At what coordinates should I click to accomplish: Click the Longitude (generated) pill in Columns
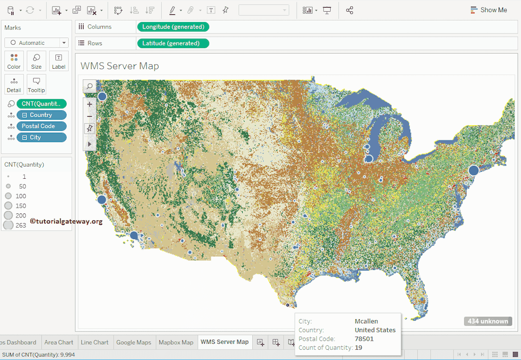click(x=173, y=26)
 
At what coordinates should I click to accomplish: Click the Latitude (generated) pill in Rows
click(x=173, y=43)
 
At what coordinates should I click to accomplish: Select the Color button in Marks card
click(x=14, y=61)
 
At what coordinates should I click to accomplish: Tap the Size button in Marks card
click(x=36, y=61)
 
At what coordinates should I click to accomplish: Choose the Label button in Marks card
click(x=59, y=61)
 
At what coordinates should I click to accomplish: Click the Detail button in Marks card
click(x=14, y=85)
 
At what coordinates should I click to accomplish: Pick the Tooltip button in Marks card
click(x=36, y=85)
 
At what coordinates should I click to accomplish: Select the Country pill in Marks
click(x=41, y=115)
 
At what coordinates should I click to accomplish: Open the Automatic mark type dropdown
click(x=36, y=43)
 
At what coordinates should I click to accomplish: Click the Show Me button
click(x=488, y=10)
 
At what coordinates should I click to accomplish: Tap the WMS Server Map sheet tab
click(x=224, y=342)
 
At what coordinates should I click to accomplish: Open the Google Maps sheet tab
click(x=133, y=342)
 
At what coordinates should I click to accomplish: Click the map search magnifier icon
click(x=90, y=87)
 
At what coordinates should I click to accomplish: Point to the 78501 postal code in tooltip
click(x=364, y=339)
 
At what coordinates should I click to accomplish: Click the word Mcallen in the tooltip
click(x=366, y=321)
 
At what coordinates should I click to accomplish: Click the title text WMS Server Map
click(x=120, y=66)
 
